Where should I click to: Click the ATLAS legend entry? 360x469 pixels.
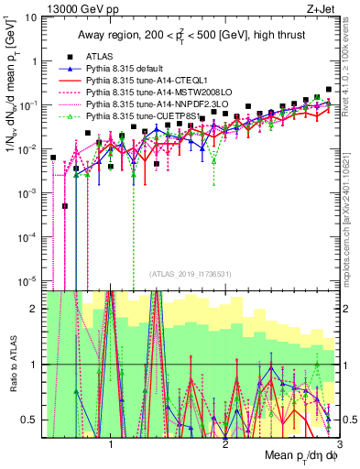pos(100,57)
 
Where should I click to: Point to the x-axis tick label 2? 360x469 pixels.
pos(225,443)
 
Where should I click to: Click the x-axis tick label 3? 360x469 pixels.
pos(338,443)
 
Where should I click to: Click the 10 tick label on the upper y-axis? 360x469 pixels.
pos(30,17)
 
